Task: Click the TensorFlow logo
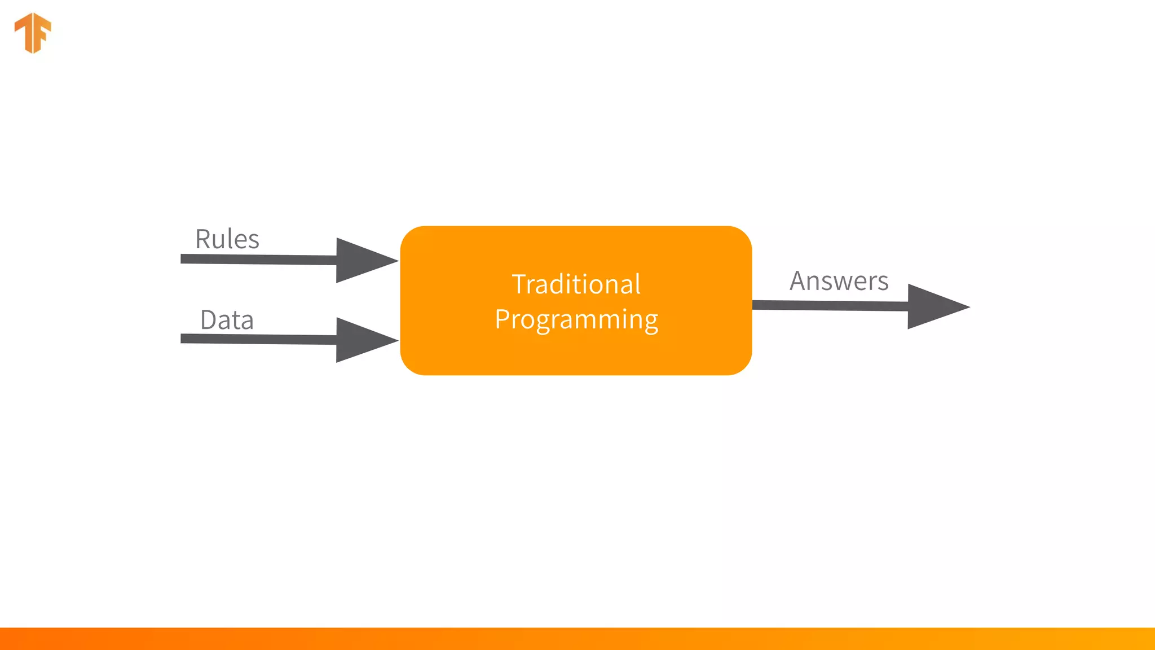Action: pos(33,33)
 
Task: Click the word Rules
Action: pos(227,239)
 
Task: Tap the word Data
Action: pos(227,320)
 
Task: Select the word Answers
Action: pos(839,281)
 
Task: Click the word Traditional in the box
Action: pos(576,284)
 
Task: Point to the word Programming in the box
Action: pos(576,319)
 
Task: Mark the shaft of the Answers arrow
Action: pos(829,305)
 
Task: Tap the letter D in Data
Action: pos(209,320)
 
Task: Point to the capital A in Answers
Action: pos(799,281)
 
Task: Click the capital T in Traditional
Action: pos(519,284)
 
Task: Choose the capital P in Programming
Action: pos(502,319)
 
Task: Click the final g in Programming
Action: pos(650,322)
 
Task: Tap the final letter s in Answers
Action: pos(883,283)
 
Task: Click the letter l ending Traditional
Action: pos(638,283)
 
